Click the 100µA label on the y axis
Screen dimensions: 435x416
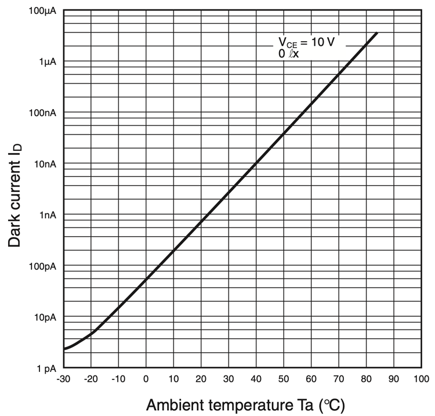(42, 11)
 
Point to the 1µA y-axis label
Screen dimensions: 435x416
(48, 62)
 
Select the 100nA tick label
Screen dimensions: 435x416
(42, 113)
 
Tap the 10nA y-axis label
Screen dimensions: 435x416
(45, 164)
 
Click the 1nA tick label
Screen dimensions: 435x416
(48, 215)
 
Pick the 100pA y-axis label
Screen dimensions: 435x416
(42, 266)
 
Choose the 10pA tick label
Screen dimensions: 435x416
(45, 317)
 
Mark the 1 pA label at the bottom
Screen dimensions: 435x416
(46, 368)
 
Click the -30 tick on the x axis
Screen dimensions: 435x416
(63, 379)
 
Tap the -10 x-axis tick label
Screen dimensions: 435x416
(118, 379)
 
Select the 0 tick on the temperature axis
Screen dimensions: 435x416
(146, 379)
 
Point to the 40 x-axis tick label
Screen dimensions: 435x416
(256, 379)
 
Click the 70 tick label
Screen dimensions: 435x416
(339, 379)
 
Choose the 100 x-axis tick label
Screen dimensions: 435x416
(421, 379)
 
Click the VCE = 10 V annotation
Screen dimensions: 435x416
(307, 42)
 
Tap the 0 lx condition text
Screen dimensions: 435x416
(288, 53)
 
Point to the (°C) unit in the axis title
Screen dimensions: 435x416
(332, 406)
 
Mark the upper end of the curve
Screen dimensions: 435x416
(377, 33)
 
